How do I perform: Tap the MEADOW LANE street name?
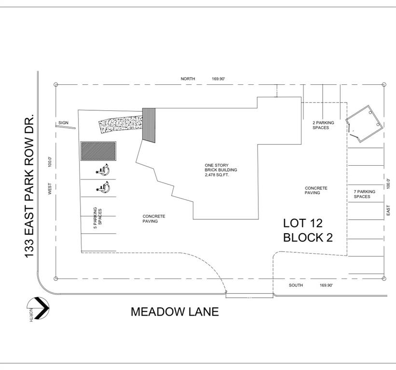175,312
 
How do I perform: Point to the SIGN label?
63,123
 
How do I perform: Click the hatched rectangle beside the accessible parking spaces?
98,151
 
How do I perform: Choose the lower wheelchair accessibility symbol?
104,187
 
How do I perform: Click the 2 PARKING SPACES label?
323,125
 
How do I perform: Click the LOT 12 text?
302,223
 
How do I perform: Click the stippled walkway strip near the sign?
121,125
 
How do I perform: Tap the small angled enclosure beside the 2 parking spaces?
364,125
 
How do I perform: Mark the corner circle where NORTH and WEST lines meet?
56,84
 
